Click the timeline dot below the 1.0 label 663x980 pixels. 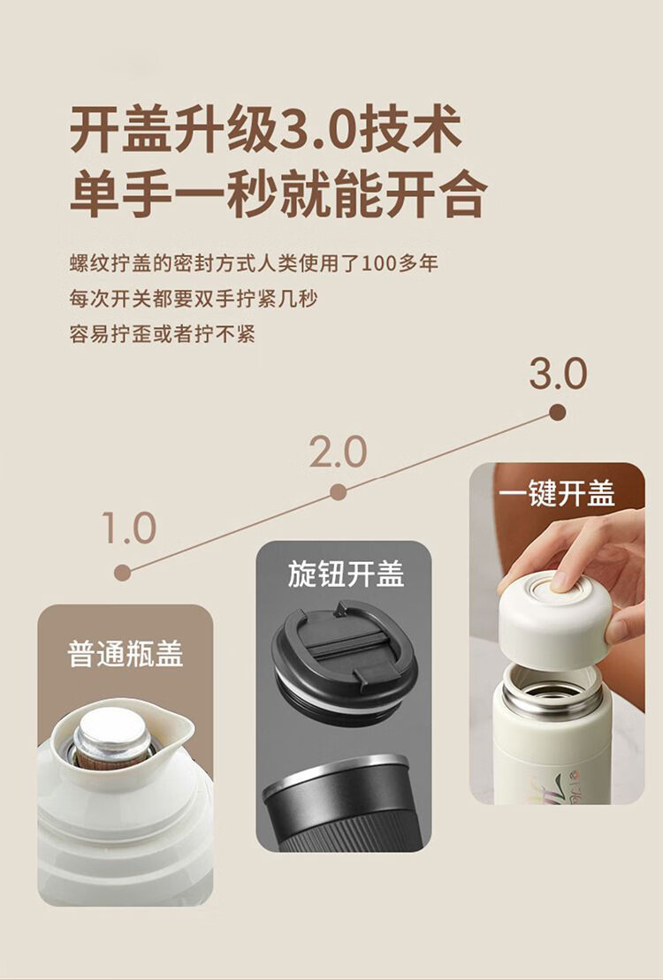click(123, 573)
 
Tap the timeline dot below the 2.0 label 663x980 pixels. click(339, 492)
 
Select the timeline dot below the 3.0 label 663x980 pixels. click(557, 412)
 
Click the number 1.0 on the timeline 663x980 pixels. click(128, 528)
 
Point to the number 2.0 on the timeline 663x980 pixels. click(338, 452)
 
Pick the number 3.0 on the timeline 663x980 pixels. click(558, 374)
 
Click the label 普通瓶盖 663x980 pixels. click(126, 655)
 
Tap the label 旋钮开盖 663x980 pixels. click(346, 574)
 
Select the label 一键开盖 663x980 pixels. click(557, 494)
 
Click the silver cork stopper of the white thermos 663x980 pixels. click(112, 738)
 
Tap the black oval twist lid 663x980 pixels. click(343, 659)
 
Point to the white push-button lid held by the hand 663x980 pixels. click(554, 619)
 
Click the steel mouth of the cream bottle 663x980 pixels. click(552, 691)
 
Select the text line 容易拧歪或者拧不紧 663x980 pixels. click(162, 334)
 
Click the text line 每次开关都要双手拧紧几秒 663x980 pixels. click(194, 299)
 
